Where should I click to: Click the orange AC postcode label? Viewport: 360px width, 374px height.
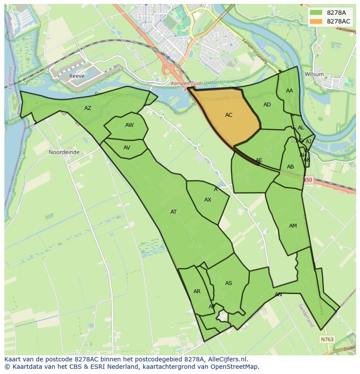pyautogui.click(x=229, y=115)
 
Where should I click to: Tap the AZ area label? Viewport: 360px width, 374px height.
pyautogui.click(x=88, y=108)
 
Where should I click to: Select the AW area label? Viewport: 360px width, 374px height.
pyautogui.click(x=129, y=125)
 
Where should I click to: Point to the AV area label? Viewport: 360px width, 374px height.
pyautogui.click(x=127, y=148)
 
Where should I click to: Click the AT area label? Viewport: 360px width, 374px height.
pyautogui.click(x=173, y=212)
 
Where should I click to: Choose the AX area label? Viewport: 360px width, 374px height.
pyautogui.click(x=208, y=200)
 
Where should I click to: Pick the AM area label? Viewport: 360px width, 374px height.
pyautogui.click(x=293, y=226)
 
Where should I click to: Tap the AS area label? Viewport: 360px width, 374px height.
pyautogui.click(x=229, y=283)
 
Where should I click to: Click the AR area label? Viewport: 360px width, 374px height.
pyautogui.click(x=197, y=291)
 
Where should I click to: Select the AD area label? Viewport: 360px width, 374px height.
pyautogui.click(x=267, y=105)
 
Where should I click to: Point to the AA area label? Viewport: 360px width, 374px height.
pyautogui.click(x=290, y=91)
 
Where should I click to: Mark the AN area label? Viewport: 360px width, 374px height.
pyautogui.click(x=278, y=295)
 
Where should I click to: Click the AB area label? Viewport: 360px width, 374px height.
pyautogui.click(x=290, y=167)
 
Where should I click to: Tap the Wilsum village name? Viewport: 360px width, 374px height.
pyautogui.click(x=314, y=74)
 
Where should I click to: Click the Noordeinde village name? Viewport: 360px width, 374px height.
pyautogui.click(x=64, y=152)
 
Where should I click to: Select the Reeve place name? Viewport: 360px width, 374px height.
pyautogui.click(x=76, y=76)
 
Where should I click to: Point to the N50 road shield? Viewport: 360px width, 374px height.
pyautogui.click(x=308, y=179)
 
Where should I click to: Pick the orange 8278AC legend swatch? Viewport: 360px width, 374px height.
pyautogui.click(x=316, y=21)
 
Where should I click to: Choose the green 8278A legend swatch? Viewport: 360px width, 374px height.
pyautogui.click(x=316, y=13)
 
